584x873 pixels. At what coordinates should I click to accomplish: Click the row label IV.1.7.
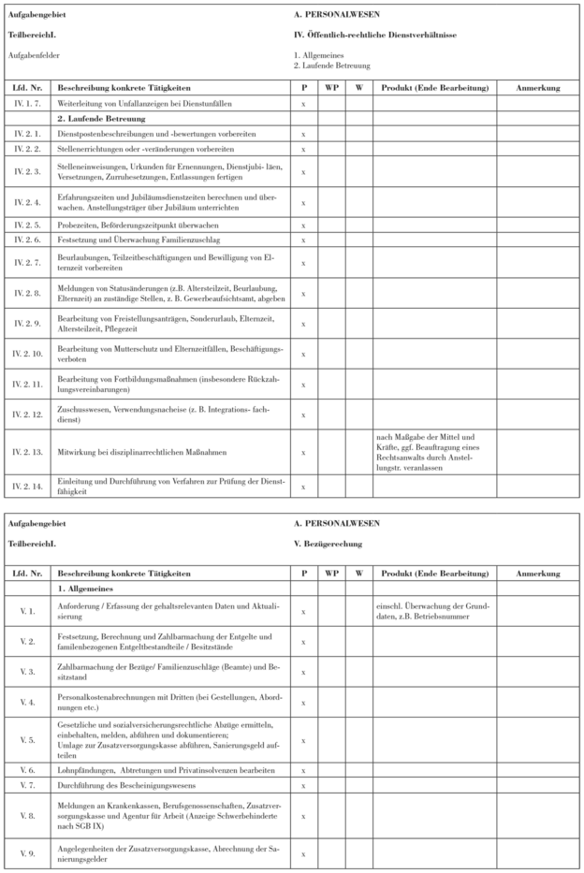click(x=25, y=104)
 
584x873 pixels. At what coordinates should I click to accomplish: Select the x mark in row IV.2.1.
click(x=303, y=134)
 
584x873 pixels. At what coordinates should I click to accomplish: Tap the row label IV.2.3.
click(x=25, y=171)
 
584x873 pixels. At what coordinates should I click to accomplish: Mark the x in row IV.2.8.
click(x=303, y=293)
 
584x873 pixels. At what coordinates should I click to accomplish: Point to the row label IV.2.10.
click(x=25, y=353)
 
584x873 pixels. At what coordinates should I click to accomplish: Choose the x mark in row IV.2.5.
click(x=303, y=226)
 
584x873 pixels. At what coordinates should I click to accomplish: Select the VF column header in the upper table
click(x=331, y=88)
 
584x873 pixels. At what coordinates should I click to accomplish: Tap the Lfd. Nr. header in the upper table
click(x=25, y=88)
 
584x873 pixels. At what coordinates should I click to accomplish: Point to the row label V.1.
click(x=25, y=610)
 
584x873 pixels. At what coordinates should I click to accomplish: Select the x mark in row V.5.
click(x=303, y=738)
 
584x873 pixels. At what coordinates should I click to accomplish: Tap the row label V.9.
click(x=25, y=852)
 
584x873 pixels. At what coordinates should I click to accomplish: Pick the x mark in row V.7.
click(x=303, y=783)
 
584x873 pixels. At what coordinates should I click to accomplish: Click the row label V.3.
click(x=25, y=672)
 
